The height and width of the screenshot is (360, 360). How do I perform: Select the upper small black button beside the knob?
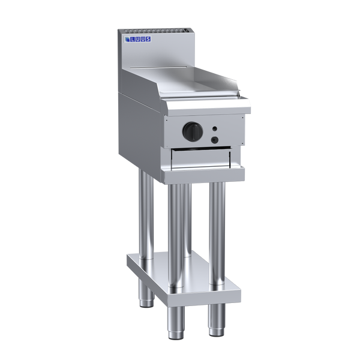point(214,129)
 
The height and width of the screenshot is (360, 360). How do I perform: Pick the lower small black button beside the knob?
point(213,140)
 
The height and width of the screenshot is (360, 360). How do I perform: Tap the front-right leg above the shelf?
point(217,222)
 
